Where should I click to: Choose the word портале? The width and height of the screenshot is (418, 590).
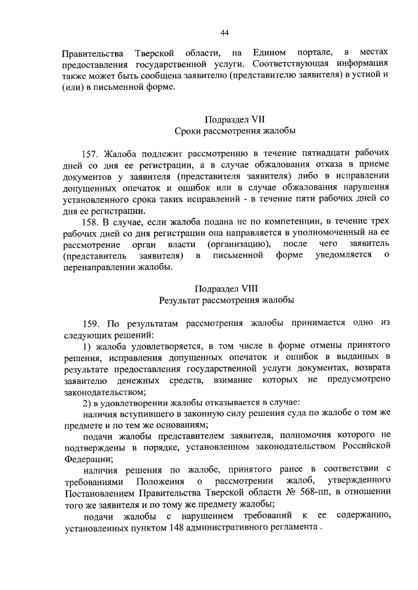pos(317,52)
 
